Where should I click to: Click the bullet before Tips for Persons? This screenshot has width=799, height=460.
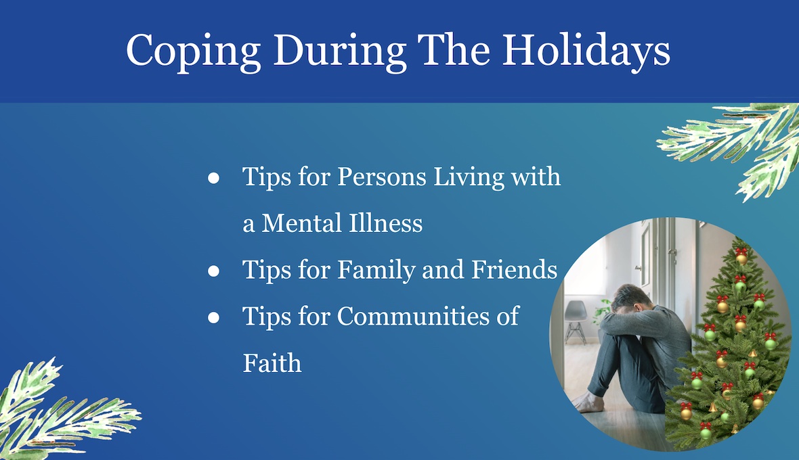[x=213, y=178]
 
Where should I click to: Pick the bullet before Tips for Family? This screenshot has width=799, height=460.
[x=213, y=271]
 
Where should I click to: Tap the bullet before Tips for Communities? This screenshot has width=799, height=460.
[x=213, y=317]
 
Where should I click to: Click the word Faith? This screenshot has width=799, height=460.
[x=272, y=363]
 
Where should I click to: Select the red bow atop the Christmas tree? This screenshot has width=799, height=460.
[x=741, y=252]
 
